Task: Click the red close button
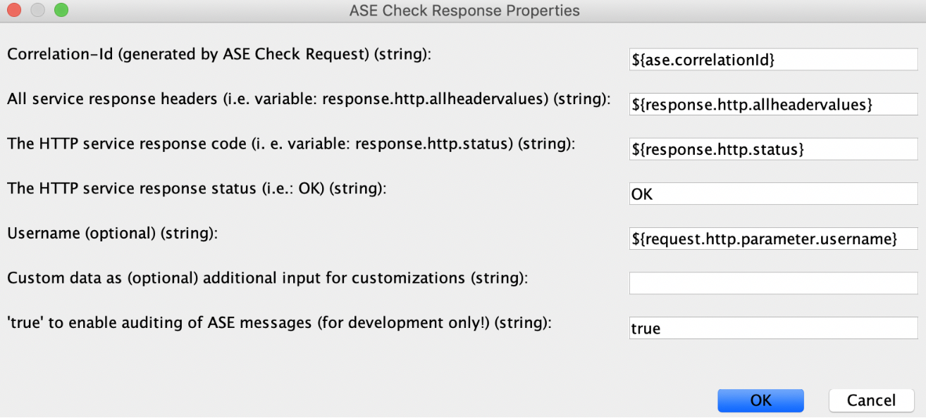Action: [14, 10]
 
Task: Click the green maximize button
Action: [61, 10]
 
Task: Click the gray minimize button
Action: [37, 10]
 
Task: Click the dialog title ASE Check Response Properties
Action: [464, 11]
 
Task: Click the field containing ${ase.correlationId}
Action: [774, 59]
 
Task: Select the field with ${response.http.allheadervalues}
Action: [774, 104]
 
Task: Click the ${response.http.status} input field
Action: [774, 149]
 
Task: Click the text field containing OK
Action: [774, 194]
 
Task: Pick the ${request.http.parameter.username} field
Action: [774, 239]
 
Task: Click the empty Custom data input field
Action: [774, 283]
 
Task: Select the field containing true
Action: [774, 328]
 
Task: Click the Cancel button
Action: [872, 400]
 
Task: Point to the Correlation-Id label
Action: [219, 54]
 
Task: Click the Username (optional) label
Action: [113, 234]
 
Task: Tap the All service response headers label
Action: [309, 99]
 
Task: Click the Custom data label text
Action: [268, 278]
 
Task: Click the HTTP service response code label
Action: [291, 144]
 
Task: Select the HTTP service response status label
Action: [197, 189]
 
